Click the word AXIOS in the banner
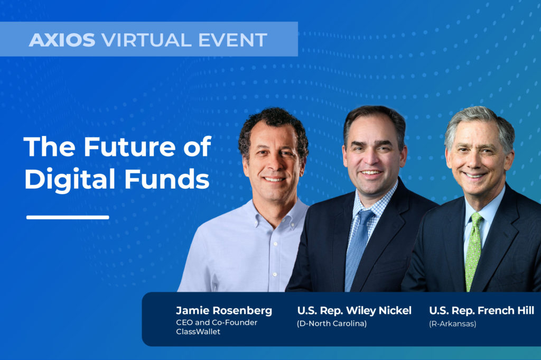(62, 40)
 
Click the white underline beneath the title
(68, 217)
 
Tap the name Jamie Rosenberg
(224, 311)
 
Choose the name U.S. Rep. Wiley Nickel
(354, 311)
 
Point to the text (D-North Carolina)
(331, 324)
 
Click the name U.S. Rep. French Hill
(481, 311)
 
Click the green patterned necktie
(473, 248)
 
